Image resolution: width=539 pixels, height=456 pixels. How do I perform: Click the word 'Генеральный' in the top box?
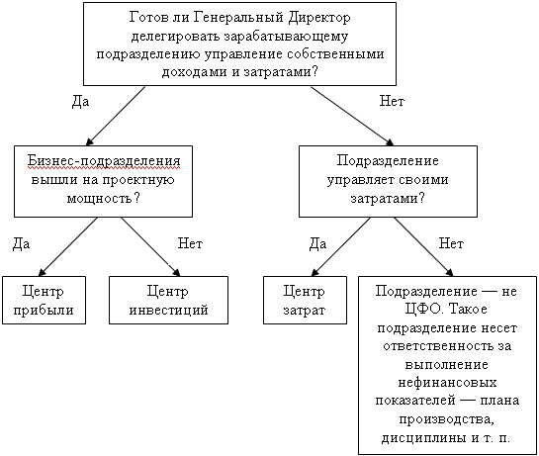pyautogui.click(x=238, y=17)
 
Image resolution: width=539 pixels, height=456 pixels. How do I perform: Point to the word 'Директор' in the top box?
pyautogui.click(x=319, y=17)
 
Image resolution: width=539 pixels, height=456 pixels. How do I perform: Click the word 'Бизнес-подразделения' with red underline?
pyautogui.click(x=104, y=161)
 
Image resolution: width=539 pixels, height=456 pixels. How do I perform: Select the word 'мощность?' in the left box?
pyautogui.click(x=104, y=198)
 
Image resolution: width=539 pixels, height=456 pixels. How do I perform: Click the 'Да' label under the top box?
pyautogui.click(x=80, y=102)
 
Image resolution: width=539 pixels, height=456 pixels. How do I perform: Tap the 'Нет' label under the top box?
pyautogui.click(x=392, y=101)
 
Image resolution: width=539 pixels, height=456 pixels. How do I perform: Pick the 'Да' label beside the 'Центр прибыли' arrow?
pyautogui.click(x=21, y=243)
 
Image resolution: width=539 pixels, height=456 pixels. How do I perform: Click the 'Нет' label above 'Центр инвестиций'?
pyautogui.click(x=190, y=243)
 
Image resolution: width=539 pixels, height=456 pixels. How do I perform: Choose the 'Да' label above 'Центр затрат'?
pyautogui.click(x=317, y=243)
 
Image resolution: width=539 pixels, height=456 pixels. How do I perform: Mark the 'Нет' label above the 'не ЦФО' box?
pyautogui.click(x=451, y=243)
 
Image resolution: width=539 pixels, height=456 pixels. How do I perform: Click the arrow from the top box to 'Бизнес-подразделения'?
pyautogui.click(x=116, y=116)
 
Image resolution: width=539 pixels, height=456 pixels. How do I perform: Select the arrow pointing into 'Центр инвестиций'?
pyautogui.click(x=150, y=246)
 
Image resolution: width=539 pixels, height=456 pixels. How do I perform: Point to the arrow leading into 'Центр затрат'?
pyautogui.click(x=341, y=246)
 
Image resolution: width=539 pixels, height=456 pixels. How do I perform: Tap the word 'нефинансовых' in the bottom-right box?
pyautogui.click(x=447, y=383)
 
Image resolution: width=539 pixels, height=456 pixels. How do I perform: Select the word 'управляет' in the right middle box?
pyautogui.click(x=357, y=180)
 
